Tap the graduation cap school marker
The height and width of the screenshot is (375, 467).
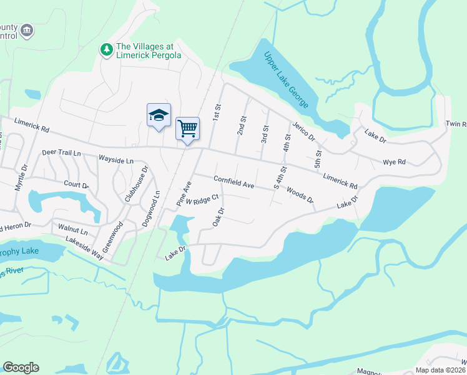tap(159, 116)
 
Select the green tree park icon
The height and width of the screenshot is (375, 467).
tap(107, 49)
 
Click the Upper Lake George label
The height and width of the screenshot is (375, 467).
tap(287, 79)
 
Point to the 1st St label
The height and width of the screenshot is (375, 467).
tap(217, 112)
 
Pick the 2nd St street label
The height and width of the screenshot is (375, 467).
tap(241, 124)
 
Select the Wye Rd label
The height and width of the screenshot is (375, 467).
tap(394, 162)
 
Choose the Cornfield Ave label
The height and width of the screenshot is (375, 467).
tap(234, 182)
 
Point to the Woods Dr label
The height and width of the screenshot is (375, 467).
tap(300, 195)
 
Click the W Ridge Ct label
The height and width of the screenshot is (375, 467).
tap(202, 199)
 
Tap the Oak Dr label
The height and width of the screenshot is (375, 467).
tap(218, 216)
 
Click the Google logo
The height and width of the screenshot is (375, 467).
tap(21, 367)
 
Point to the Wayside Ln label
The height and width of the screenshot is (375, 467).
tap(116, 161)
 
